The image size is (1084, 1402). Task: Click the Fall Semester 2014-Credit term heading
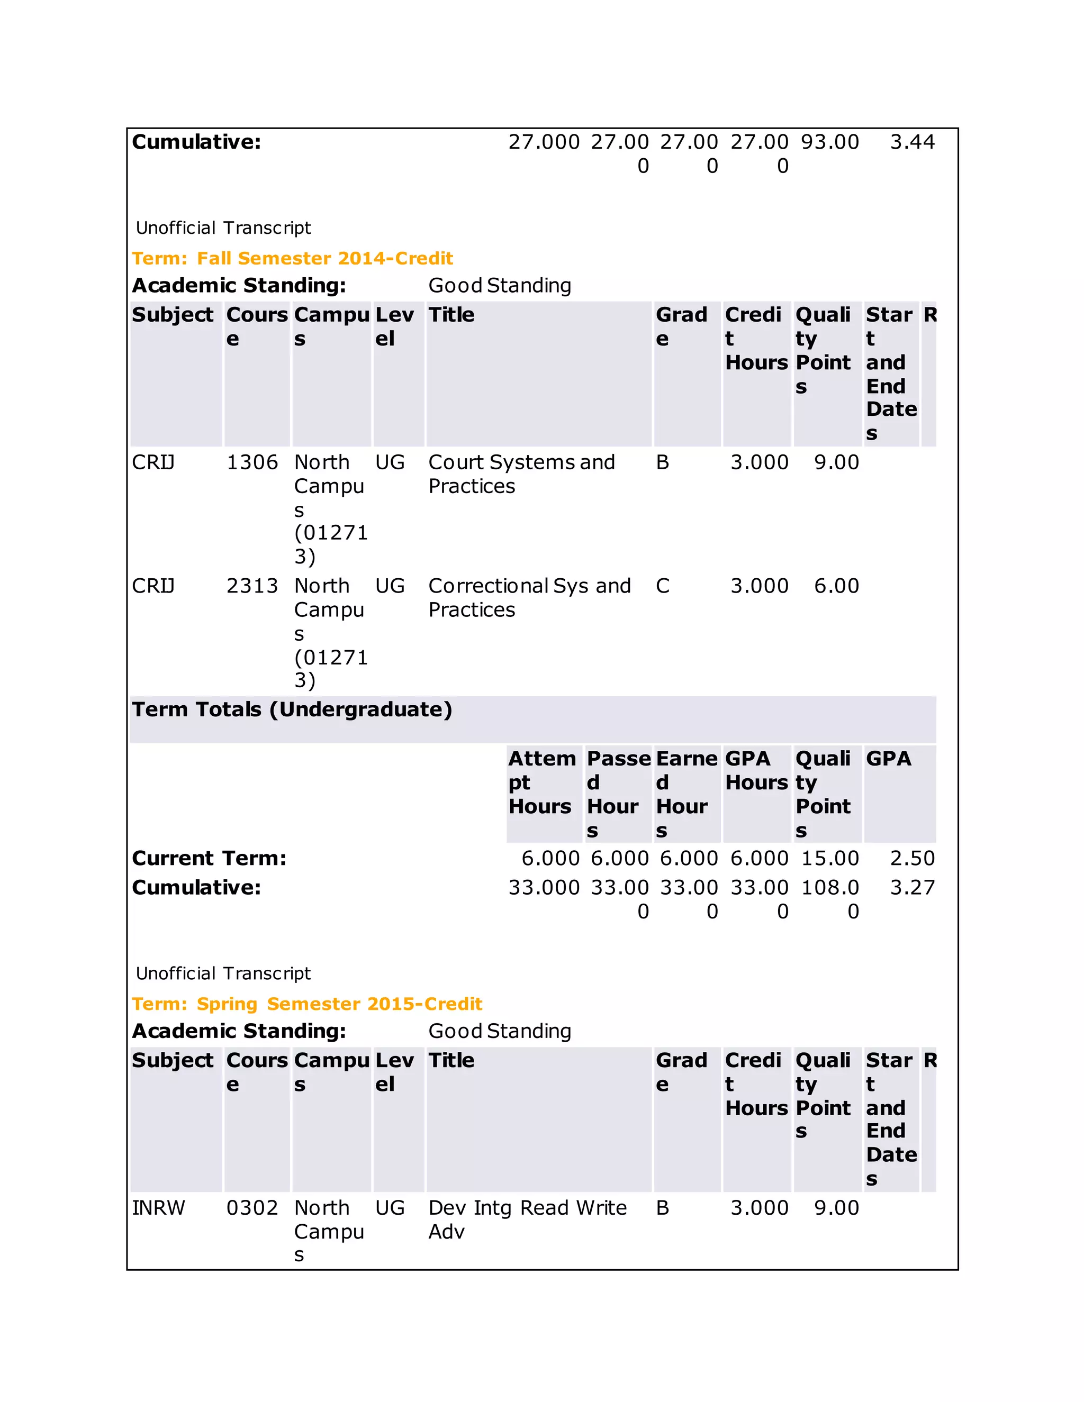click(292, 258)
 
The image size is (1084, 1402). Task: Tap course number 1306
click(252, 462)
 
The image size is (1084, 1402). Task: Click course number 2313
click(252, 586)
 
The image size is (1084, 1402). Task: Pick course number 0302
click(252, 1207)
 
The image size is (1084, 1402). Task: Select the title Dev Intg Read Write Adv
click(527, 1219)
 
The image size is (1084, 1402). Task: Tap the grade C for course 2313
click(662, 586)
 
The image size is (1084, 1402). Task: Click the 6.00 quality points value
click(836, 586)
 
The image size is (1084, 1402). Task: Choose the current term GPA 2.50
click(912, 858)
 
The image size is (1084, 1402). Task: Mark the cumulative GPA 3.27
click(912, 887)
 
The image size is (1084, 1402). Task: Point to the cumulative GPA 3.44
click(912, 142)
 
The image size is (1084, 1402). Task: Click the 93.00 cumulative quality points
click(830, 142)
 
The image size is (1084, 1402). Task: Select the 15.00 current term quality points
click(830, 858)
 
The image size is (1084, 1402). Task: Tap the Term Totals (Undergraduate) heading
click(292, 709)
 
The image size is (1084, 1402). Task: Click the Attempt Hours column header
click(542, 782)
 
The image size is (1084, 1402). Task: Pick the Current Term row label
click(209, 858)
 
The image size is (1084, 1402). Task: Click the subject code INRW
click(158, 1207)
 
